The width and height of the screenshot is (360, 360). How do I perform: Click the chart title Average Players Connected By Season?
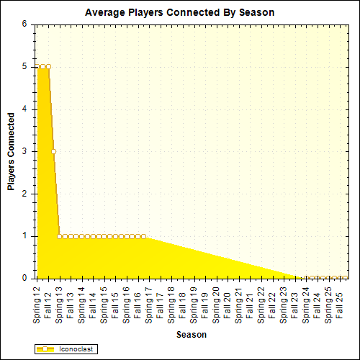point(179,12)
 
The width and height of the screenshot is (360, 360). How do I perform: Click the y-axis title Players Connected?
point(11,150)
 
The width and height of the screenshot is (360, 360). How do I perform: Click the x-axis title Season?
point(192,335)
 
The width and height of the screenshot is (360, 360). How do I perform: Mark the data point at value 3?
point(53,151)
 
